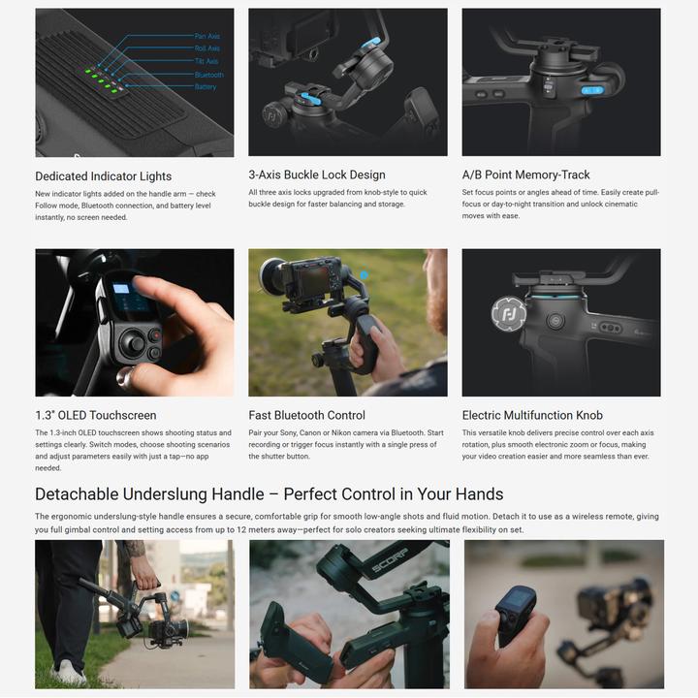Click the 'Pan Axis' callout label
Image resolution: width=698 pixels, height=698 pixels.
207,36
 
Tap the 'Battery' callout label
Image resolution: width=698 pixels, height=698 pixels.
206,87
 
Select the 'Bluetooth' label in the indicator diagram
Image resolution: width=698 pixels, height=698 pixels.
208,75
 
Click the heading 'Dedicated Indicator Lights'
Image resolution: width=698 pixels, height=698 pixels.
103,176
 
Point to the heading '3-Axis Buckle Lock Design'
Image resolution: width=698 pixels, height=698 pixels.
317,175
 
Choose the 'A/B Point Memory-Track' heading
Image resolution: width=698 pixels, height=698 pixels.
526,175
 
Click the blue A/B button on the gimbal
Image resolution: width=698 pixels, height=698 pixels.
591,90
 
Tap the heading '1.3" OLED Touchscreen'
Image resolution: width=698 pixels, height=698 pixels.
96,415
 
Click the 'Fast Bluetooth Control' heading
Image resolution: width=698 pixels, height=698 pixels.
307,415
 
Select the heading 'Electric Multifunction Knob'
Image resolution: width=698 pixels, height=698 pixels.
532,415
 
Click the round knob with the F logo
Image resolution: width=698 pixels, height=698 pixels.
508,313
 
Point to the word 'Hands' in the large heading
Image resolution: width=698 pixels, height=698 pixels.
477,494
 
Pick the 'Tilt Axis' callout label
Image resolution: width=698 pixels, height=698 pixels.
206,62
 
